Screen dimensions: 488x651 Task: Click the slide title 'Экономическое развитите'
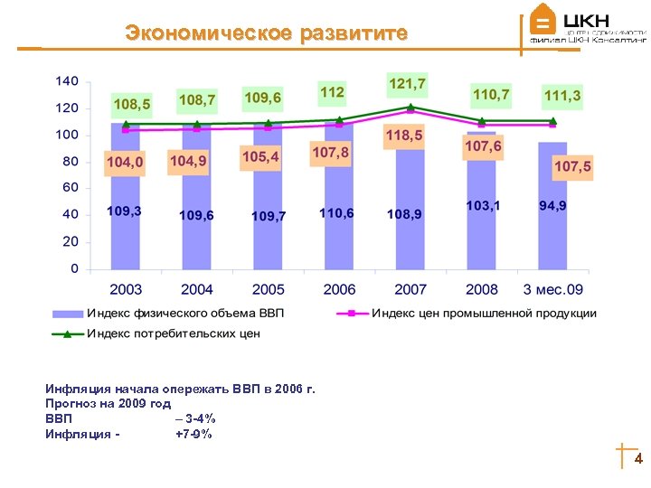[x=267, y=34]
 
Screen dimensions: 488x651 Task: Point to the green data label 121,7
[x=407, y=84]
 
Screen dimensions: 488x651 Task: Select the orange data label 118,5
[x=403, y=136]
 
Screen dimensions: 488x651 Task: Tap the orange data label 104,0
[x=125, y=162]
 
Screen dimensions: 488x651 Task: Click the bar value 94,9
[x=552, y=206]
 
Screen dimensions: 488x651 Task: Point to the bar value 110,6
[x=337, y=212]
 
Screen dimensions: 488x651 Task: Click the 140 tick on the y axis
[x=68, y=81]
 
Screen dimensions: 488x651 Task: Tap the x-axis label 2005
[x=268, y=290]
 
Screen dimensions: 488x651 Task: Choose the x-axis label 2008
[x=481, y=290]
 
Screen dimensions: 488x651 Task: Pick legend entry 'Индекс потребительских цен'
[x=173, y=333]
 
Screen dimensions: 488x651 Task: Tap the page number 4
[x=638, y=459]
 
